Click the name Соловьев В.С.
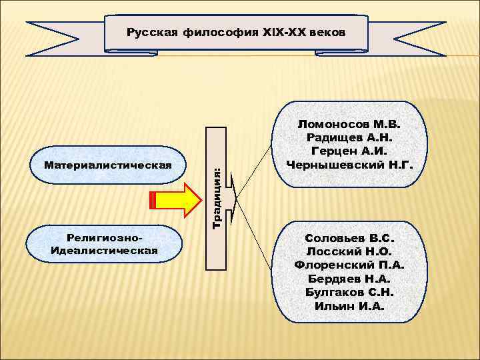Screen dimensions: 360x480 pos(350,238)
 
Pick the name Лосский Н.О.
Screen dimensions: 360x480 pos(350,251)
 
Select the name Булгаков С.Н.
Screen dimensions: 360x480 pos(350,292)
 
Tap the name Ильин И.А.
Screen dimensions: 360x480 pos(350,306)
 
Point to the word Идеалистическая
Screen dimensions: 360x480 pos(104,251)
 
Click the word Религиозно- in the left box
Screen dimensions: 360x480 pos(105,238)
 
